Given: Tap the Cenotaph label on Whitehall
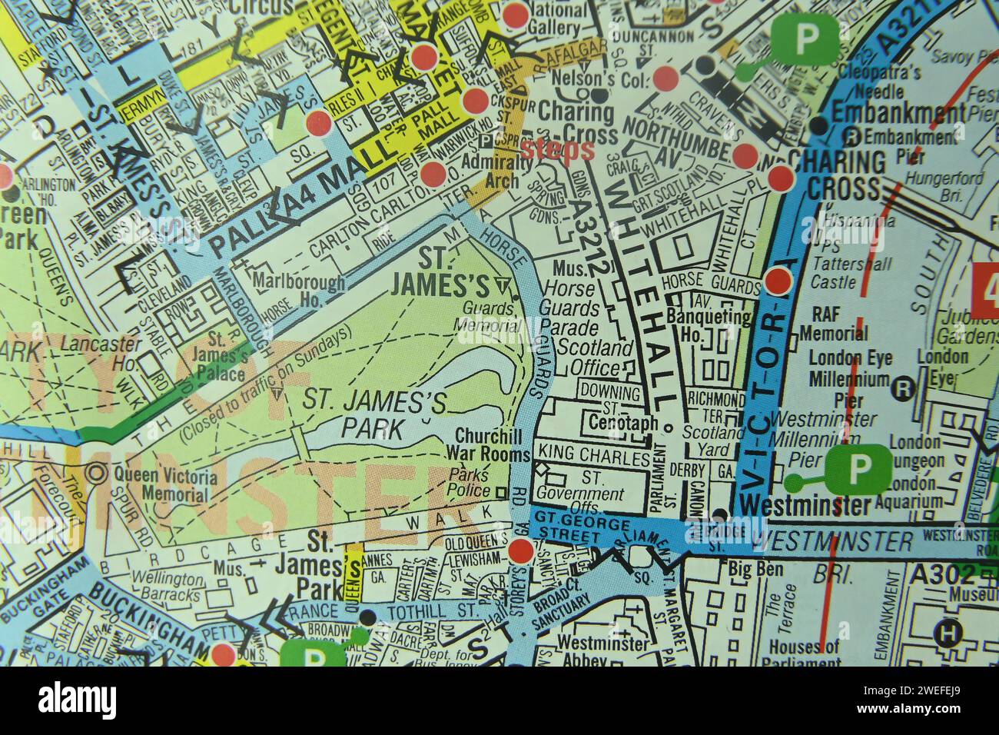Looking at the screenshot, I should (x=622, y=424).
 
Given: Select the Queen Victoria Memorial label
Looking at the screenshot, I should (x=164, y=484).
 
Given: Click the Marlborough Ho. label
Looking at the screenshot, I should (x=298, y=291).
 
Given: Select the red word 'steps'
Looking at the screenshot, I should (x=557, y=149).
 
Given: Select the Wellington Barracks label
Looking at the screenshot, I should (x=168, y=588).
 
